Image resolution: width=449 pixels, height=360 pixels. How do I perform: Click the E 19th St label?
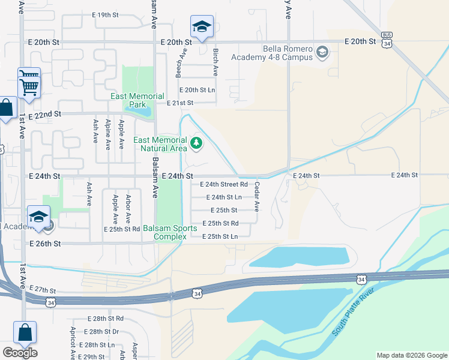105,15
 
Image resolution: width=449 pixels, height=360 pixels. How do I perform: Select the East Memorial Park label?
137,100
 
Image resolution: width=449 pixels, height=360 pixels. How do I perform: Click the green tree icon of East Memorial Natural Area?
196,143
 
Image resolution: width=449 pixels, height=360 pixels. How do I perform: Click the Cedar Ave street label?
257,197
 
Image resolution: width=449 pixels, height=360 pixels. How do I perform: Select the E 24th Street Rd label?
223,185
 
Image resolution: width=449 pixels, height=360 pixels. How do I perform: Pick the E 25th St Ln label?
220,237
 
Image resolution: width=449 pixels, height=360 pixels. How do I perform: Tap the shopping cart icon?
29,83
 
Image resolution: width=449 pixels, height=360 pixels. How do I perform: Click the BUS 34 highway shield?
387,40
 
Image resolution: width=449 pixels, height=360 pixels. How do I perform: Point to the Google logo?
20,353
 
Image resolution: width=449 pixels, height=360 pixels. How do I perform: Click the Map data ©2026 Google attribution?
411,355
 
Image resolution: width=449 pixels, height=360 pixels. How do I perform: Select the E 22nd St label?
44,114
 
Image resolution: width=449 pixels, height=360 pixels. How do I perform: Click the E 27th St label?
41,289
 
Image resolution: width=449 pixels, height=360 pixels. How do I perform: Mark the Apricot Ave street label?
72,343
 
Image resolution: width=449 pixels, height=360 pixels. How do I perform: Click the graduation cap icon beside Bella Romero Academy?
323,53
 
